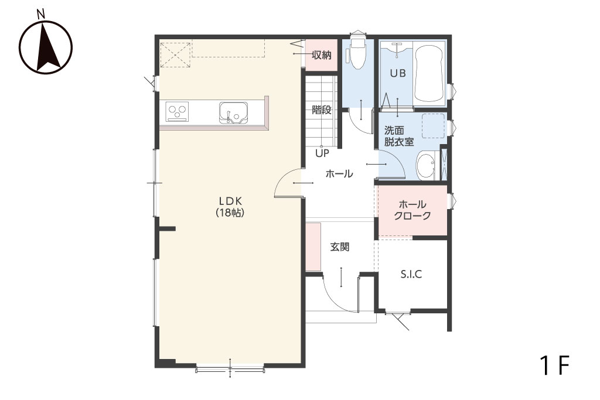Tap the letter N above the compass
pyautogui.click(x=41, y=15)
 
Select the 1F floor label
pyautogui.click(x=555, y=365)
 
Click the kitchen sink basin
pyautogui.click(x=233, y=113)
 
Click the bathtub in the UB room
pyautogui.click(x=428, y=74)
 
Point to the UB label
pyautogui.click(x=398, y=73)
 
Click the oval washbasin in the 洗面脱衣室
pyautogui.click(x=425, y=166)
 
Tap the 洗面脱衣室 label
pyautogui.click(x=398, y=136)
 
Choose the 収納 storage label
pyautogui.click(x=322, y=55)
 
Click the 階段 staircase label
pyautogui.click(x=322, y=110)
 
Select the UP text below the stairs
pyautogui.click(x=322, y=153)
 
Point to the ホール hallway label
pyautogui.click(x=339, y=174)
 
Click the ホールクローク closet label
pyautogui.click(x=412, y=210)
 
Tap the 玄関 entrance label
pyautogui.click(x=340, y=247)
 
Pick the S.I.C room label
pyautogui.click(x=411, y=274)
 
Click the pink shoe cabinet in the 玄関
pyautogui.click(x=313, y=247)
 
